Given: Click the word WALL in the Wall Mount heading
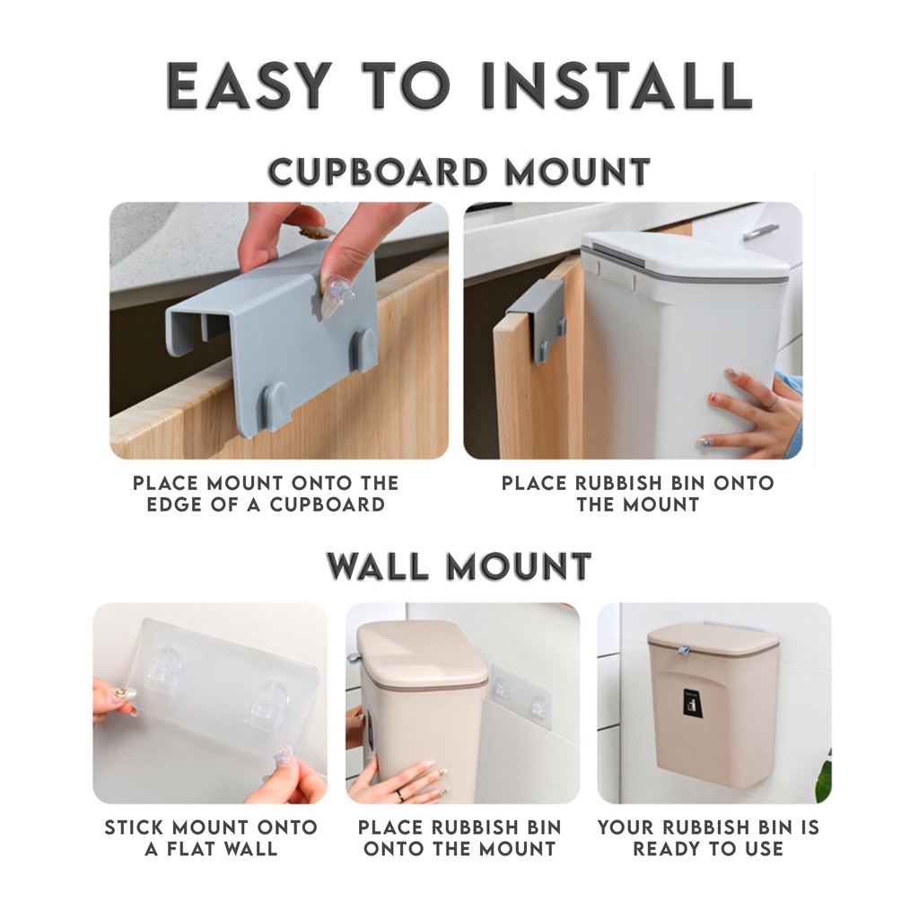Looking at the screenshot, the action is coord(378,566).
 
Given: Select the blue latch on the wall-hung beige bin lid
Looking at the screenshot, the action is coord(682,652).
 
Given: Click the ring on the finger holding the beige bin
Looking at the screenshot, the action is coord(400,795).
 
